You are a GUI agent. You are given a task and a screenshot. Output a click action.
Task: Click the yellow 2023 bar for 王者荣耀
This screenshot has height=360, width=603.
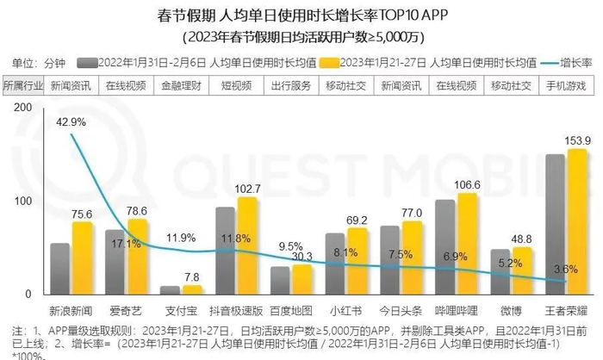click(x=577, y=222)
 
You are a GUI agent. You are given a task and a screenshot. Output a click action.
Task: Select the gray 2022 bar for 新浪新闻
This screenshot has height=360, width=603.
click(x=60, y=269)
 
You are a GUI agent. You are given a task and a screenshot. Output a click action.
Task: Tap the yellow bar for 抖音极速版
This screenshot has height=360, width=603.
click(x=247, y=245)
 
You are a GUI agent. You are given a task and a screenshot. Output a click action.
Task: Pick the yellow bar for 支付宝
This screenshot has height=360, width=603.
click(x=193, y=290)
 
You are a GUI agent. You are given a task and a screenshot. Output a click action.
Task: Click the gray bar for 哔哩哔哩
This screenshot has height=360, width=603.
click(x=445, y=247)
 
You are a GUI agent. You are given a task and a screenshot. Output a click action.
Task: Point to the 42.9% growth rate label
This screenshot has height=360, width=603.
click(x=72, y=123)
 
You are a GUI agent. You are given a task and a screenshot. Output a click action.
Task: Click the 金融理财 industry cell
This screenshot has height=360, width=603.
click(x=179, y=87)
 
